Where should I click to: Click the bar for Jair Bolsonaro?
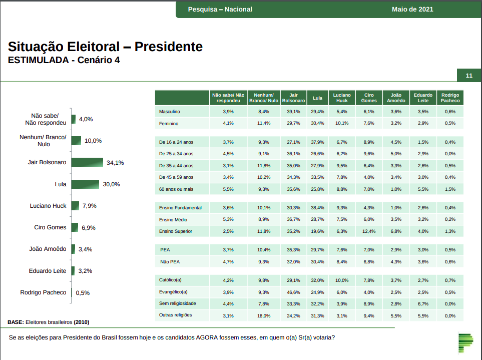tap(88, 162)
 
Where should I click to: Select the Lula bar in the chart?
tap(86, 184)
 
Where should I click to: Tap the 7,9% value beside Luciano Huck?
tap(89, 206)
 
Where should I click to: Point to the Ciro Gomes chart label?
tap(50, 227)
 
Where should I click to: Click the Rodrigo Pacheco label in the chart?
tap(43, 292)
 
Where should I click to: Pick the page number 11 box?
tap(469, 76)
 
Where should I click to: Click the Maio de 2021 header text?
tap(413, 9)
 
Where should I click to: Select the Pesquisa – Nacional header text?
tap(220, 9)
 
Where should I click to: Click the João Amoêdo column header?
tap(396, 98)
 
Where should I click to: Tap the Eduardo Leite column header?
tap(423, 98)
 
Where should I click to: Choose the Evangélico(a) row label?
tap(173, 292)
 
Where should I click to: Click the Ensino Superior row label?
tap(176, 231)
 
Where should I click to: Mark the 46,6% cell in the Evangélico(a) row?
tap(293, 292)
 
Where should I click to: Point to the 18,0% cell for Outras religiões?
tap(263, 315)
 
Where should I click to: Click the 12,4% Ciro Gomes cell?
tap(369, 231)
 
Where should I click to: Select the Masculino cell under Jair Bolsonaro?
tap(293, 112)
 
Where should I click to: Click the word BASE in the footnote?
tap(15, 322)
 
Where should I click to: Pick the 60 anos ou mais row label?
tap(176, 189)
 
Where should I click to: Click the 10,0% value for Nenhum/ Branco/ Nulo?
tap(93, 141)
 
